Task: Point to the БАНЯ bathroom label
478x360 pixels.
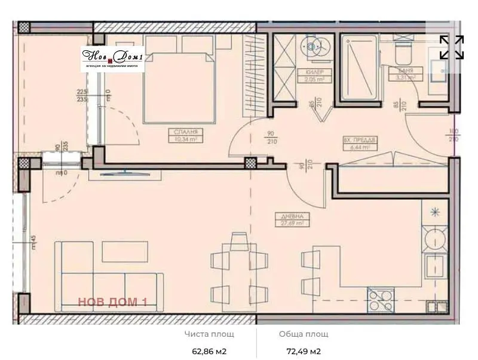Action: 397,70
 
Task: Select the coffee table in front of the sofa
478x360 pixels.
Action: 124,251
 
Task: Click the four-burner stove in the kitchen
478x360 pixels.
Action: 381,298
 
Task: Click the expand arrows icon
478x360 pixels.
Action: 452,48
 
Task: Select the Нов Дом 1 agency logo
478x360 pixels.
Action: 113,59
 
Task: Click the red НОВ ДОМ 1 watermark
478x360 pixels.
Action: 112,302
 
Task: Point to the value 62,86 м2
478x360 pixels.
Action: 209,351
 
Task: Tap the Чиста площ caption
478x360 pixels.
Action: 209,334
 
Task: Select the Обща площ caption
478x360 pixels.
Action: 304,334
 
